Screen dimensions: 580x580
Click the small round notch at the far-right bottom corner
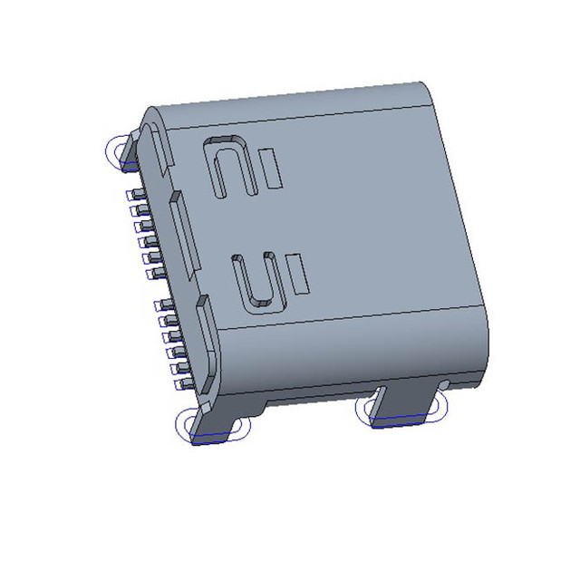click(443, 386)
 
